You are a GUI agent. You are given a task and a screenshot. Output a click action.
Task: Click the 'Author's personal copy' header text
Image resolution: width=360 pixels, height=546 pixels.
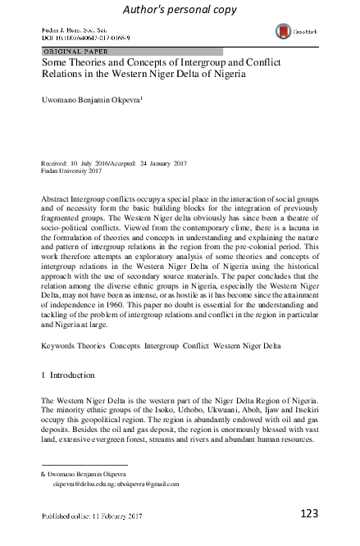pyautogui.click(x=179, y=9)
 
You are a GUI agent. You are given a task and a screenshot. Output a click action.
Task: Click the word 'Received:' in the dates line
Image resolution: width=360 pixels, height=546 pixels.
pyautogui.click(x=58, y=164)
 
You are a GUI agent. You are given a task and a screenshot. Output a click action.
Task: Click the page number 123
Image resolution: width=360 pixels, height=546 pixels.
pyautogui.click(x=309, y=514)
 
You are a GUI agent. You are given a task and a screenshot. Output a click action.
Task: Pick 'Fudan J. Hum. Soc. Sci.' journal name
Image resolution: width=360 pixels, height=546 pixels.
pyautogui.click(x=81, y=29)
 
